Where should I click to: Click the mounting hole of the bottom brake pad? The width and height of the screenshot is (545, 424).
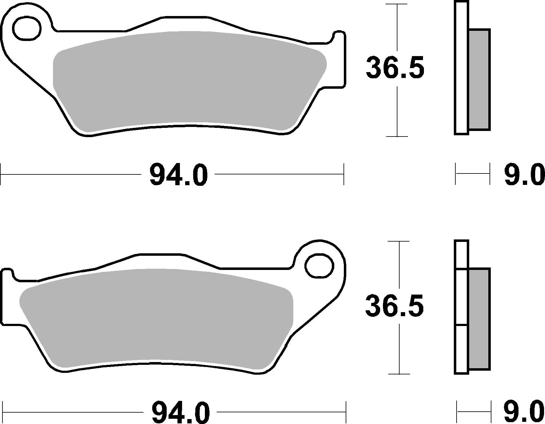pyautogui.click(x=319, y=266)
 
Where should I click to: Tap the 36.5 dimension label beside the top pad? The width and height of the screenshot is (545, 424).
pyautogui.click(x=395, y=67)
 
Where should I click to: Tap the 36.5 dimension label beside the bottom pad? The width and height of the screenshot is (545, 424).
pyautogui.click(x=394, y=306)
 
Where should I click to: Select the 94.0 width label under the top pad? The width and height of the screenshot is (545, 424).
pyautogui.click(x=178, y=175)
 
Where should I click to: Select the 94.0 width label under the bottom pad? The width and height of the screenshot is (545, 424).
pyautogui.click(x=181, y=412)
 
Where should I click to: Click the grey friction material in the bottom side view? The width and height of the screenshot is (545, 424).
pyautogui.click(x=479, y=319)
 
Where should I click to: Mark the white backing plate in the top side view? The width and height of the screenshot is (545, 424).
pyautogui.click(x=461, y=68)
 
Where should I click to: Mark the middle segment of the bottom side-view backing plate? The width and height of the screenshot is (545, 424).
pyautogui.click(x=461, y=297)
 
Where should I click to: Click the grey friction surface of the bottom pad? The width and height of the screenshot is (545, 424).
pyautogui.click(x=154, y=317)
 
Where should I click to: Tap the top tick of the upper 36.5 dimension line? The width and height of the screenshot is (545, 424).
pyautogui.click(x=397, y=4)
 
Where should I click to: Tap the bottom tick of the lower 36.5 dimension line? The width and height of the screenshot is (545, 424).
pyautogui.click(x=399, y=374)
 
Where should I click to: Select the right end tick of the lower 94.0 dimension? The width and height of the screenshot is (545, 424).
pyautogui.click(x=346, y=412)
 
